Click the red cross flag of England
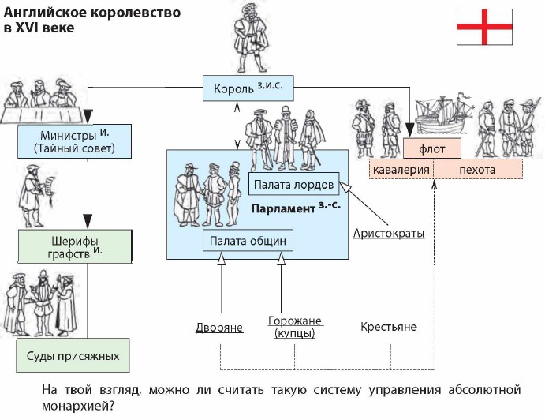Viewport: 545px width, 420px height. pos(484,28)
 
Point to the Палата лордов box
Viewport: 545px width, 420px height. pos(294,185)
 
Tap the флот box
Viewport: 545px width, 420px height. pos(432,148)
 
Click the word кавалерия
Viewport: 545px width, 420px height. pos(400,170)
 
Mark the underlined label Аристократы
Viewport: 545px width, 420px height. pos(389,234)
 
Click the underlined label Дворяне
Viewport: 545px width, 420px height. pos(219,327)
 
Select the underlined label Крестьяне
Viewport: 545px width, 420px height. pos(388,327)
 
